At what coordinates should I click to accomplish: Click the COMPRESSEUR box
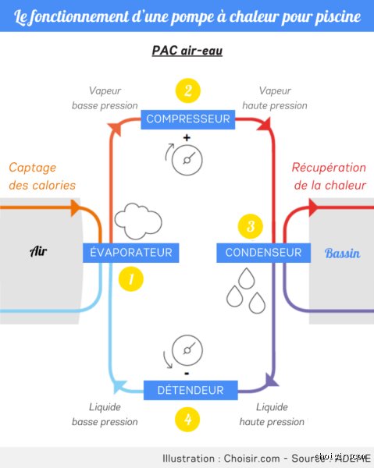point(188,119)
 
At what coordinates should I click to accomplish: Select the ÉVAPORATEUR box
point(131,253)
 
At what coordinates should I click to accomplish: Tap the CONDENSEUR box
point(263,253)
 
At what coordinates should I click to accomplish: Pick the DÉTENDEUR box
point(191,390)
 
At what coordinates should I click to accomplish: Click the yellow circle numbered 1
point(131,279)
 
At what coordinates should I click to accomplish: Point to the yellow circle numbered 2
point(188,90)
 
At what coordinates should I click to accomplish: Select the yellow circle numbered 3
point(251,226)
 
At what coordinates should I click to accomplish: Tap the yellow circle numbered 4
point(187,419)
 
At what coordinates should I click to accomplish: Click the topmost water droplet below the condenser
point(247,279)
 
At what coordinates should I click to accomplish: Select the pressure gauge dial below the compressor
point(187,160)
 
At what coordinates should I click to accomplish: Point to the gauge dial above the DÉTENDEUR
point(187,350)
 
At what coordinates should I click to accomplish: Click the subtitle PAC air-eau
point(187,50)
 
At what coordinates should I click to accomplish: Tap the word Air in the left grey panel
point(38,251)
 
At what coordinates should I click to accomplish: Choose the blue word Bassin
point(342,253)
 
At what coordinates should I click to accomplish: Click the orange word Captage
point(33,168)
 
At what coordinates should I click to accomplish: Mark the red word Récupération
point(329,168)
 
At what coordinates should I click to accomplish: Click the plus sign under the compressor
point(187,137)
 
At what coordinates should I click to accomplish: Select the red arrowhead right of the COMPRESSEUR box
point(265,123)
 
